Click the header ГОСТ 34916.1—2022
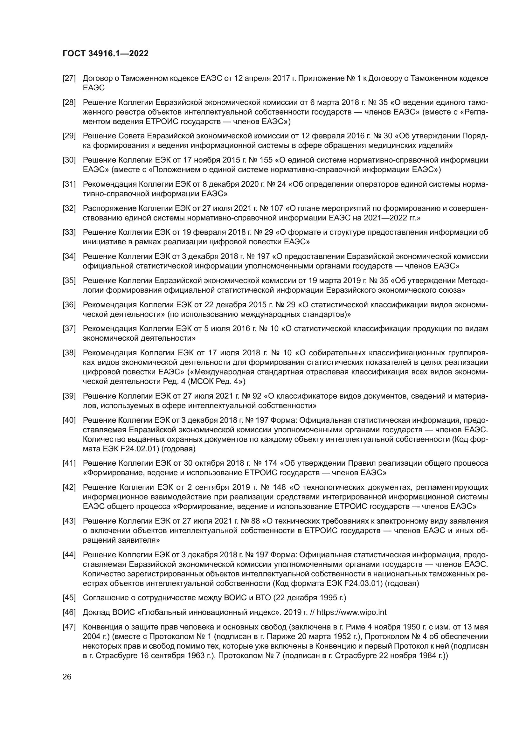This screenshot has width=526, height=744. [x=106, y=54]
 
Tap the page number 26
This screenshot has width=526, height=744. [x=67, y=677]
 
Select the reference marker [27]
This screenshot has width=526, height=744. [x=69, y=79]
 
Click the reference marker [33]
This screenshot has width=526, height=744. [x=69, y=232]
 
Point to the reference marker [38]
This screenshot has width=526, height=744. [x=69, y=353]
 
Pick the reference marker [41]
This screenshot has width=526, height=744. [x=69, y=463]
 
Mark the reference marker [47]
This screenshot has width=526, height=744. [x=69, y=627]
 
